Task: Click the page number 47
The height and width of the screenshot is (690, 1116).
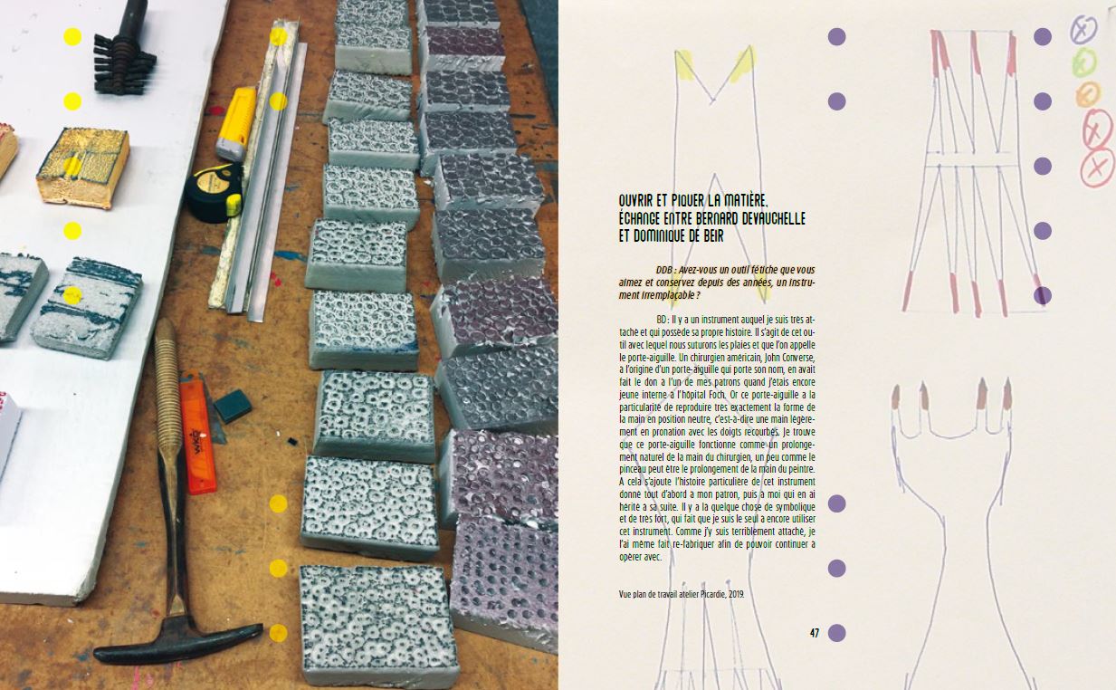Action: click(815, 633)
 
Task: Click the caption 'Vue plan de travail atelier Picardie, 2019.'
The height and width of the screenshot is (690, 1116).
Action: click(682, 594)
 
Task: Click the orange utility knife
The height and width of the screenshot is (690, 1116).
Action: click(198, 431)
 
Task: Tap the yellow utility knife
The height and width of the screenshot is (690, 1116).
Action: click(235, 124)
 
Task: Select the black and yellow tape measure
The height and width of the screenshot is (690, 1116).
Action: click(215, 192)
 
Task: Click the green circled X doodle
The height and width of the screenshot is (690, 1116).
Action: click(1084, 63)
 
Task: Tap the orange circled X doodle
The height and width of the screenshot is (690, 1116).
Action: click(1088, 94)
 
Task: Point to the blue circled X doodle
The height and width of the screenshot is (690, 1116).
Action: click(1083, 30)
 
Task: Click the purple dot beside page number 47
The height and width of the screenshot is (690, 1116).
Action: click(837, 633)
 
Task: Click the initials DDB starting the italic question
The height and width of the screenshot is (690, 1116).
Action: click(664, 270)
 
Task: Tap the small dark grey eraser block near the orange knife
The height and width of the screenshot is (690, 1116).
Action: click(233, 407)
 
